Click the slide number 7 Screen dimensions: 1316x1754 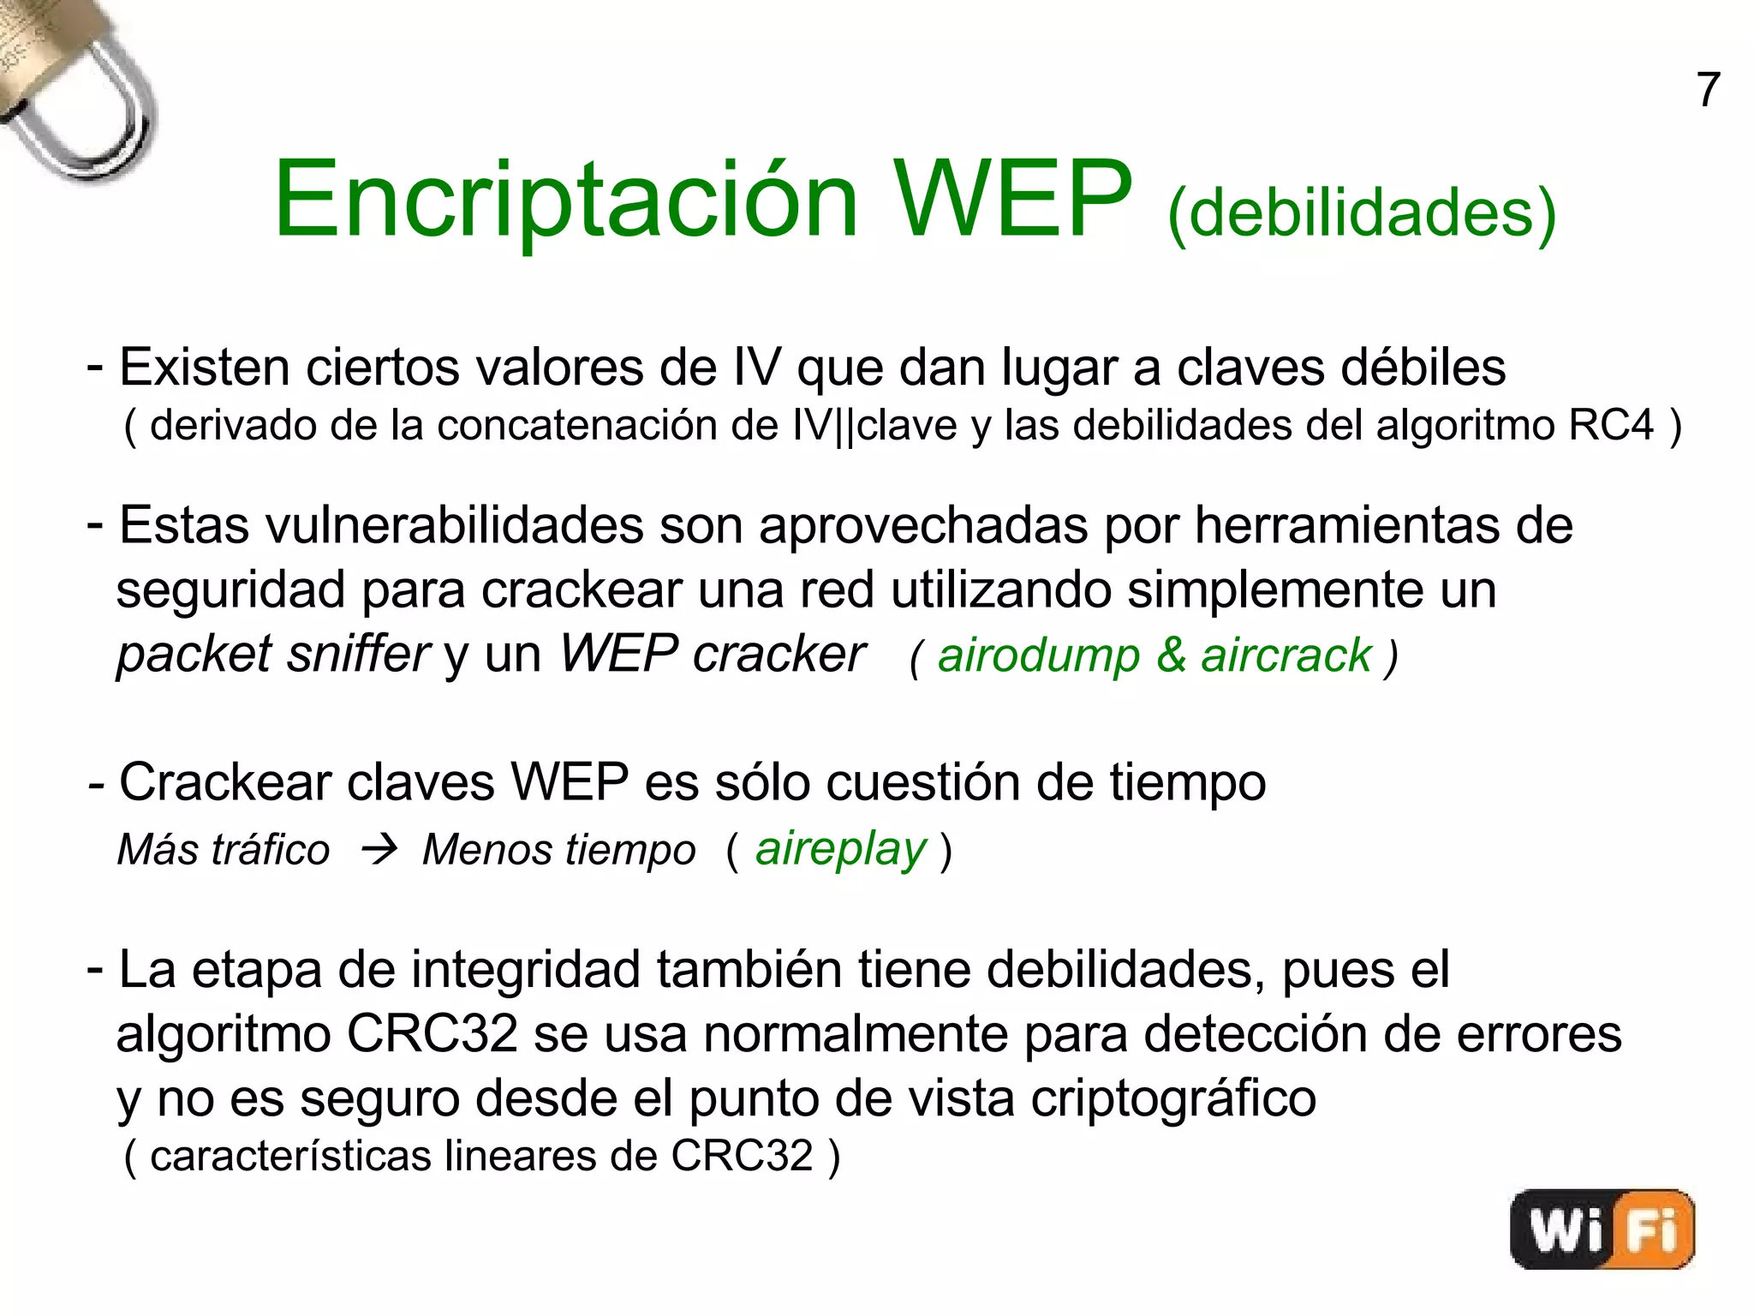coord(1708,90)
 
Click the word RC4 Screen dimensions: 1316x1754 coord(1610,425)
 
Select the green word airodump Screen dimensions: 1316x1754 coord(1039,656)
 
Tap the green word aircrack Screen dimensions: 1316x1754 coord(1286,656)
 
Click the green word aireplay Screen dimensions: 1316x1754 coord(840,850)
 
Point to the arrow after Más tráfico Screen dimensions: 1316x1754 coord(379,850)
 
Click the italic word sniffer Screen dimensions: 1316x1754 coord(358,655)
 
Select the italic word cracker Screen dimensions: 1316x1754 coord(779,655)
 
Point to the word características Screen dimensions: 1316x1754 coord(290,1156)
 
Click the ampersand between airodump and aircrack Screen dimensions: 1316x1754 coord(1171,656)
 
